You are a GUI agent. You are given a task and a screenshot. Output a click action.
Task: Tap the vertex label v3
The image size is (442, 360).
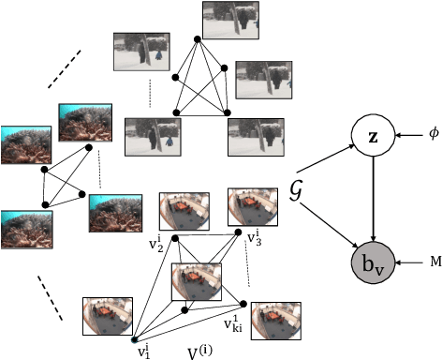[253, 239]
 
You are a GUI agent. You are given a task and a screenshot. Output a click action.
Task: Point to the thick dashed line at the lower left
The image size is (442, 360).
[50, 289]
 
